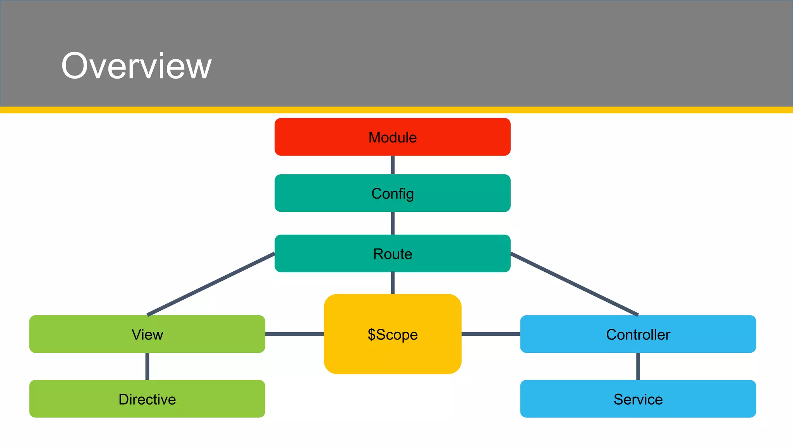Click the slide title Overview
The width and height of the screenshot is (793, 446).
pyautogui.click(x=136, y=66)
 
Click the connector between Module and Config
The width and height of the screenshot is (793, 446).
pyautogui.click(x=393, y=165)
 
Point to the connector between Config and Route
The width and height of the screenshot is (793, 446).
pyautogui.click(x=393, y=223)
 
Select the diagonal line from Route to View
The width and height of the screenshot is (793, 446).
pyautogui.click(x=211, y=284)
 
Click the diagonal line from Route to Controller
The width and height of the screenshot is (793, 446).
pyautogui.click(x=574, y=284)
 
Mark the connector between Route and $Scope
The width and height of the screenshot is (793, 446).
pyautogui.click(x=393, y=283)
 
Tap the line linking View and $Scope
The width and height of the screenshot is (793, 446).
pyautogui.click(x=294, y=334)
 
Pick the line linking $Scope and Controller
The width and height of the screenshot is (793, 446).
pyautogui.click(x=491, y=334)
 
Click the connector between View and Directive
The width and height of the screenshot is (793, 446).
pyautogui.click(x=147, y=366)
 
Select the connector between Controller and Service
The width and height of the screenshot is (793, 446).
pyautogui.click(x=638, y=366)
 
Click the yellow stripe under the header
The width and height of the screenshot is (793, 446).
pyautogui.click(x=396, y=110)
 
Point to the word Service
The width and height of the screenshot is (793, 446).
pyautogui.click(x=638, y=399)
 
